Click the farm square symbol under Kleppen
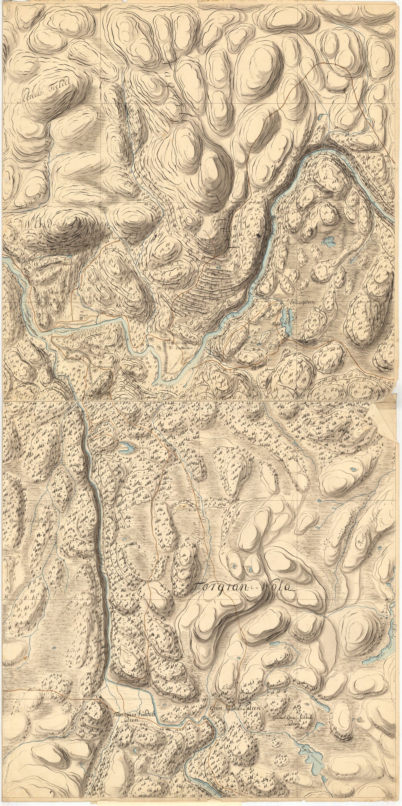(x=82, y=318)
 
